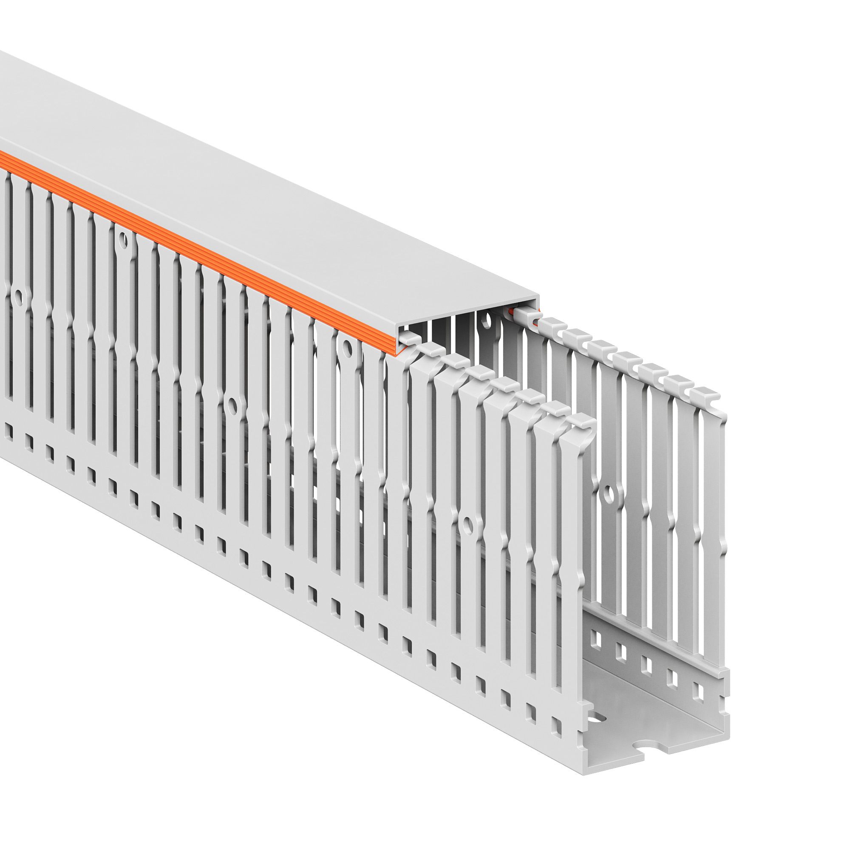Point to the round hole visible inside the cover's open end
pyautogui.click(x=485, y=319)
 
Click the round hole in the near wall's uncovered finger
pyautogui.click(x=467, y=525)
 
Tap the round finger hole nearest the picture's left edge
pyautogui.click(x=17, y=298)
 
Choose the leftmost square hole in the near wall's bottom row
pyautogui.click(x=8, y=430)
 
